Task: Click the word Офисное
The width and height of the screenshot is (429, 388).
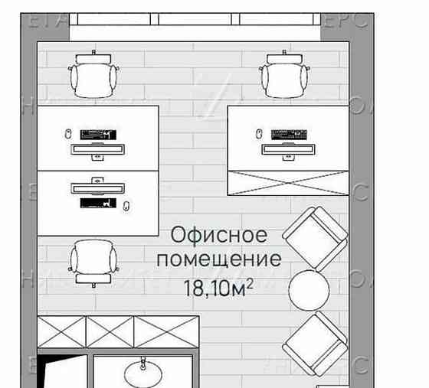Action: pos(219,233)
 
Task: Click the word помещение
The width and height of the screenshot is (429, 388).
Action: pos(218,259)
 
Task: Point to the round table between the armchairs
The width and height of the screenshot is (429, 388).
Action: pos(309,289)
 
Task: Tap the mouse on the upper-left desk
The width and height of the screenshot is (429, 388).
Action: pos(69,134)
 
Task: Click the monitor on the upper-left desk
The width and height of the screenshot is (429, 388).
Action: pos(96,149)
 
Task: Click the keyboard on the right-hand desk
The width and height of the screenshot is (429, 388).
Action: pos(290,134)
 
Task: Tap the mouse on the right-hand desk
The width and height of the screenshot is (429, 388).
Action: pos(260,134)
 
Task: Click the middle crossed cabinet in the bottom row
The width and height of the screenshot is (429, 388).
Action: pos(110,331)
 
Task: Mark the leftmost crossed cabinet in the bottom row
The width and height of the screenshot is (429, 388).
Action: pos(61,331)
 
